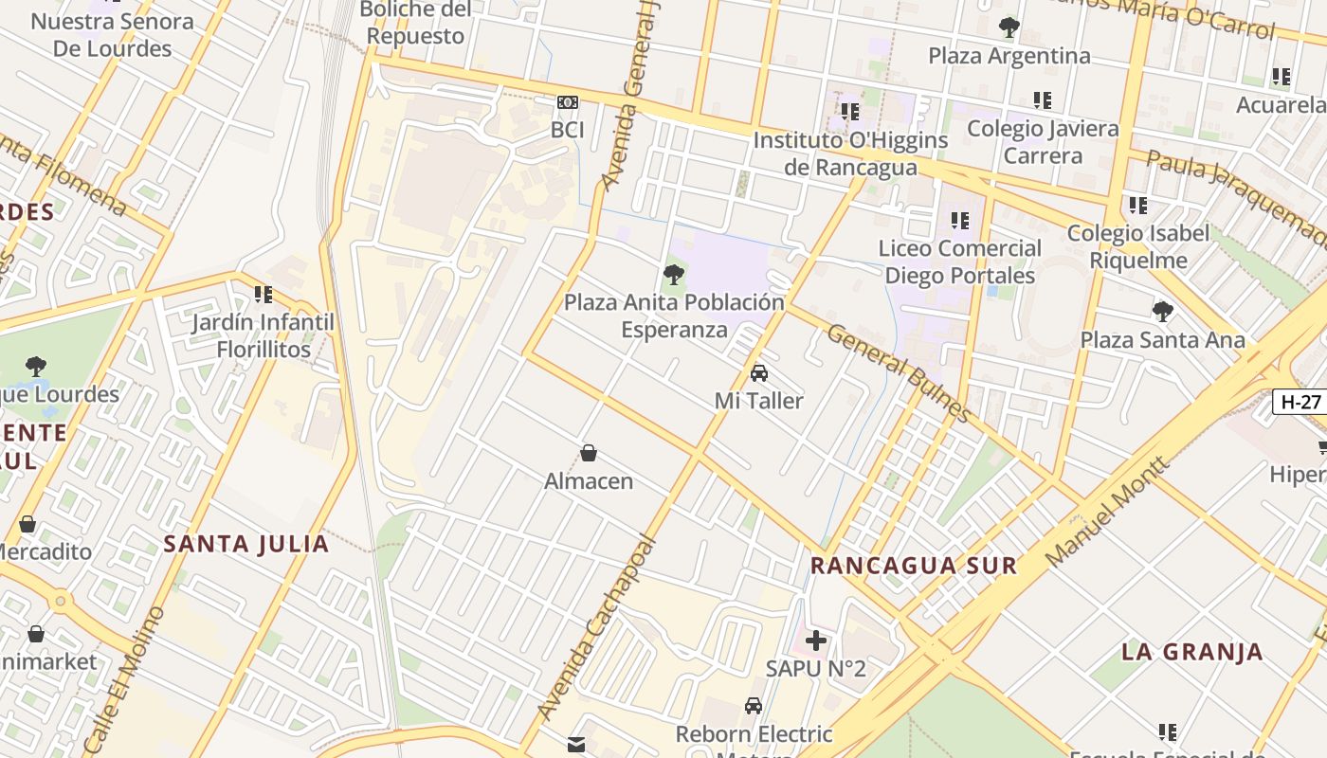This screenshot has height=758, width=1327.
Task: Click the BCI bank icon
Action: (567, 102)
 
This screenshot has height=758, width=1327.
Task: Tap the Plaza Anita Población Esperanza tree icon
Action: (674, 276)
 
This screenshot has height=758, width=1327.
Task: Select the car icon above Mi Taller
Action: (758, 373)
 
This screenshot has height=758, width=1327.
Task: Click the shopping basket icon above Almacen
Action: (589, 453)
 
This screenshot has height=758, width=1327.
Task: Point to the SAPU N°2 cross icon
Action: (815, 641)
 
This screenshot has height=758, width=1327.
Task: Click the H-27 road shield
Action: (1300, 402)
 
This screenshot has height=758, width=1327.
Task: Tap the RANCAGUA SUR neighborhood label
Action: (913, 566)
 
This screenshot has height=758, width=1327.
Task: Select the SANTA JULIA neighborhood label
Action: (246, 544)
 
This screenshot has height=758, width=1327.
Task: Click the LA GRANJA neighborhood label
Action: (1191, 652)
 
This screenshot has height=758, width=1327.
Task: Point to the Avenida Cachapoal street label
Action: (595, 627)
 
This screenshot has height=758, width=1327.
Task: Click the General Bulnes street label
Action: (899, 373)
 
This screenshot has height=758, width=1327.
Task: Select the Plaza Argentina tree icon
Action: (1009, 27)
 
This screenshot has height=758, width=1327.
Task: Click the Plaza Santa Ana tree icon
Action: (1162, 311)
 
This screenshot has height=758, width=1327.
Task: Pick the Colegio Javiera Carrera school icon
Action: (1043, 100)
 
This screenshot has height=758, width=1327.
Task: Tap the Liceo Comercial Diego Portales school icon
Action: (959, 221)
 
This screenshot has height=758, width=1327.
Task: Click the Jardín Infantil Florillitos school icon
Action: (263, 295)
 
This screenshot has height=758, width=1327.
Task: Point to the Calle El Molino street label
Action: (124, 679)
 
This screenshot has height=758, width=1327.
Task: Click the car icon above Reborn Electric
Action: (754, 706)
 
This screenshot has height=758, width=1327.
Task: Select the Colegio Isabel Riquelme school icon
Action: (1137, 206)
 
